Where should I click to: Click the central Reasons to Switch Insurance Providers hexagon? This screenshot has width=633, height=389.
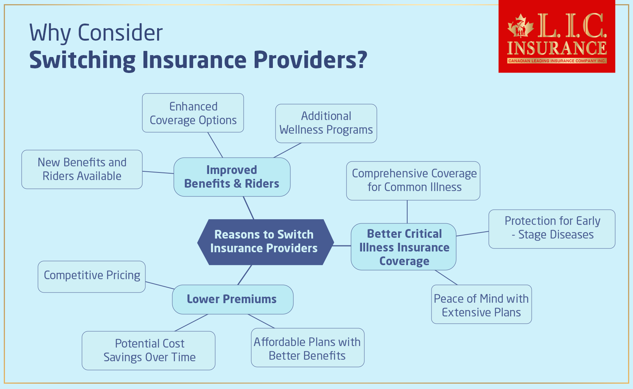coord(265,242)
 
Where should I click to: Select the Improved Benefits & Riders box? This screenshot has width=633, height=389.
coord(232,177)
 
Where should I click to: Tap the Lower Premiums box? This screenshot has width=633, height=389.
coord(232,299)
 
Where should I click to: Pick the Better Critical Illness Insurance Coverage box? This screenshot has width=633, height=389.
coord(404,247)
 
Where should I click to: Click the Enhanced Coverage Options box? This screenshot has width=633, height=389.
coord(193,113)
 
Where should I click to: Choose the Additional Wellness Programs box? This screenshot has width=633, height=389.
coord(326,123)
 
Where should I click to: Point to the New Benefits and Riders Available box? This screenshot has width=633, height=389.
coord(82,169)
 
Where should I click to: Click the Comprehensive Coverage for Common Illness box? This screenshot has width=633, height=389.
coord(413,181)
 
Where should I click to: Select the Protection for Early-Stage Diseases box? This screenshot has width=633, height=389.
coord(552,229)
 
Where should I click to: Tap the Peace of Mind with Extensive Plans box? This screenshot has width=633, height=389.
coord(481,305)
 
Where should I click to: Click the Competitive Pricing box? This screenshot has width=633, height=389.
coord(91,277)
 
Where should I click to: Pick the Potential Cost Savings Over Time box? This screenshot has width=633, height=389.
coord(149,351)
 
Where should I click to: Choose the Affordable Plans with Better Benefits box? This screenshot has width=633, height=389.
coord(307,348)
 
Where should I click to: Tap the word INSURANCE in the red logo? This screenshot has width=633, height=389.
coord(557,48)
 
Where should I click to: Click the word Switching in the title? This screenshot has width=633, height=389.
coord(82,60)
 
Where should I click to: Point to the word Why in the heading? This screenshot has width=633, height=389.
coord(50,33)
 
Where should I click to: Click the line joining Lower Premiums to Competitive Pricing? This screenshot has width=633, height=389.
coord(159,285)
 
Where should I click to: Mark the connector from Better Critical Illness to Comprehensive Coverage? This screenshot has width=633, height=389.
coord(407,212)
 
